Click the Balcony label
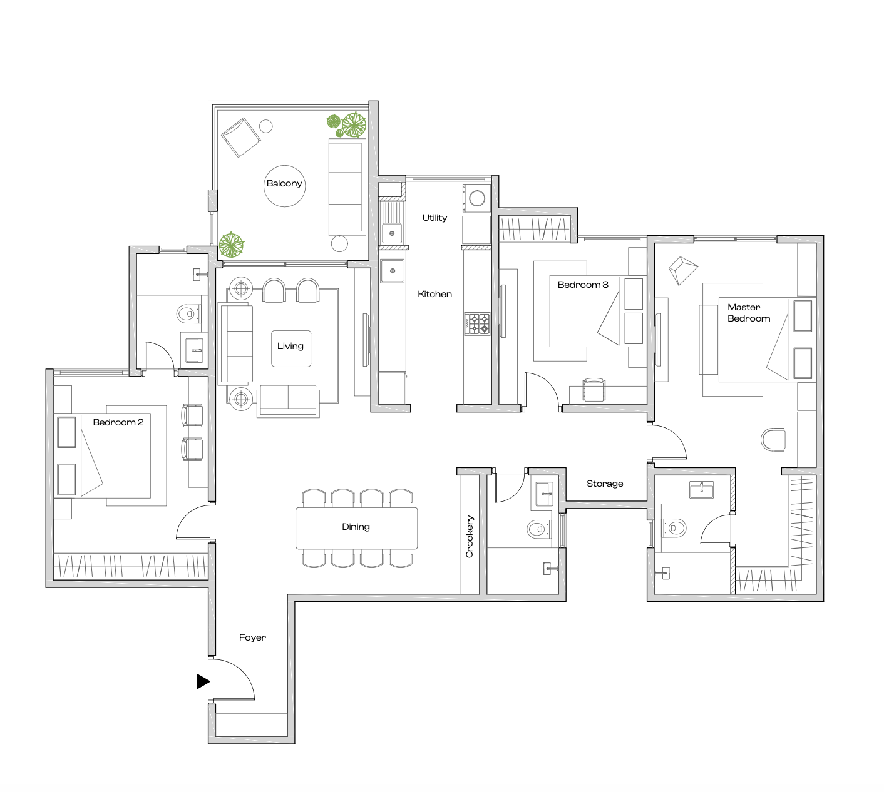pyautogui.click(x=284, y=183)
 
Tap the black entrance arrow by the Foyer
pyautogui.click(x=203, y=681)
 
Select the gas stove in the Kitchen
pyautogui.click(x=477, y=323)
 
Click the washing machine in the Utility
pyautogui.click(x=477, y=198)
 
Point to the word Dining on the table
pyautogui.click(x=356, y=527)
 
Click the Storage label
pyautogui.click(x=605, y=484)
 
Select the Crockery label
pyautogui.click(x=470, y=536)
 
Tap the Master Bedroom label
pyautogui.click(x=748, y=313)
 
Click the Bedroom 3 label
pyautogui.click(x=582, y=285)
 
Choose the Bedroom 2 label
pyautogui.click(x=118, y=422)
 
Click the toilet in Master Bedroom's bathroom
pyautogui.click(x=674, y=528)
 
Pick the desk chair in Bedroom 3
pyautogui.click(x=594, y=389)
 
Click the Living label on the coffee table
pyautogui.click(x=290, y=346)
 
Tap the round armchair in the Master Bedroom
pyautogui.click(x=773, y=439)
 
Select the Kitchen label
pyautogui.click(x=434, y=294)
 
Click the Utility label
pyautogui.click(x=434, y=218)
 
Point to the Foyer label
pyautogui.click(x=252, y=637)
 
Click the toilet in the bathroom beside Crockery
pyautogui.click(x=538, y=530)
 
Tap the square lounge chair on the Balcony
pyautogui.click(x=240, y=137)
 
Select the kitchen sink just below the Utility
pyautogui.click(x=393, y=272)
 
